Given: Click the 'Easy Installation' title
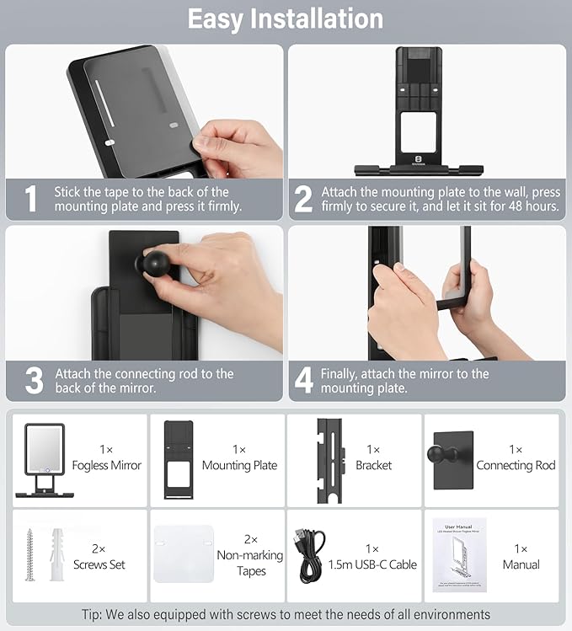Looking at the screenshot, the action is pyautogui.click(x=286, y=19).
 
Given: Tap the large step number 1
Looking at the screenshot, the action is pyautogui.click(x=30, y=199).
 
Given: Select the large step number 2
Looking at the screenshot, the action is pyautogui.click(x=303, y=199).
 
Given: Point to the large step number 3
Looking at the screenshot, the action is pyautogui.click(x=34, y=380).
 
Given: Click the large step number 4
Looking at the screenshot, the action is pyautogui.click(x=304, y=380).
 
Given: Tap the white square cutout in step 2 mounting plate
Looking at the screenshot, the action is pyautogui.click(x=419, y=132).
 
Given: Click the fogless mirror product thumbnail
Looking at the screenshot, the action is pyautogui.click(x=45, y=460).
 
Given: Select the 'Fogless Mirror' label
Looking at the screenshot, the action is pyautogui.click(x=107, y=465).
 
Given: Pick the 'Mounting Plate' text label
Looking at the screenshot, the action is pyautogui.click(x=239, y=465).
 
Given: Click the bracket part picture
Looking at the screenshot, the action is pyautogui.click(x=331, y=461).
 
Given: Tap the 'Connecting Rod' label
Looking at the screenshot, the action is pyautogui.click(x=516, y=465).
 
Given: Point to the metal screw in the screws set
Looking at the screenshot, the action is pyautogui.click(x=29, y=555).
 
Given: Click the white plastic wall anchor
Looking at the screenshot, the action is pyautogui.click(x=57, y=554).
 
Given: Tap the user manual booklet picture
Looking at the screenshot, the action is pyautogui.click(x=459, y=555).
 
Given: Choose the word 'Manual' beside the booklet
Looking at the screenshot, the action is pyautogui.click(x=521, y=564).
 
